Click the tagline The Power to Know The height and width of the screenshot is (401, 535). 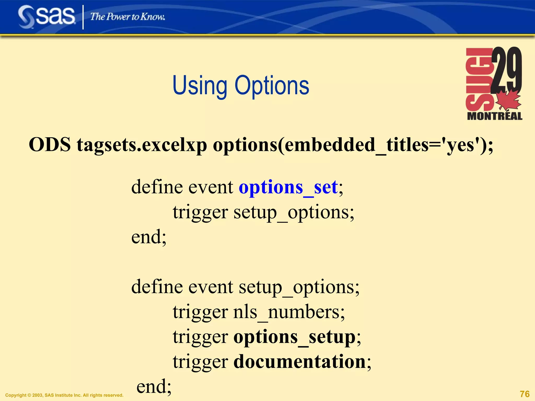pyautogui.click(x=127, y=17)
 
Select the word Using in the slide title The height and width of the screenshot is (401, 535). pyautogui.click(x=200, y=86)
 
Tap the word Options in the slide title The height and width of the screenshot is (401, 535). pyautogui.click(x=272, y=86)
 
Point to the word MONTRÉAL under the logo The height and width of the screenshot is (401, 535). pyautogui.click(x=495, y=116)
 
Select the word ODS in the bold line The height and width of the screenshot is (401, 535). pyautogui.click(x=50, y=144)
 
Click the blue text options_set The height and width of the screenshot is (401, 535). pyautogui.click(x=288, y=187)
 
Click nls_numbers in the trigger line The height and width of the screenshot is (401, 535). pyautogui.click(x=288, y=312)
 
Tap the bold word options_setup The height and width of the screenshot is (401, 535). pyautogui.click(x=294, y=337)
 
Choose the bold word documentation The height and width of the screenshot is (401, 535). pyautogui.click(x=299, y=362)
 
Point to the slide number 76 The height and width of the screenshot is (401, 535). pyautogui.click(x=524, y=394)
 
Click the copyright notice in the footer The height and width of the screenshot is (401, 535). pyautogui.click(x=64, y=395)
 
